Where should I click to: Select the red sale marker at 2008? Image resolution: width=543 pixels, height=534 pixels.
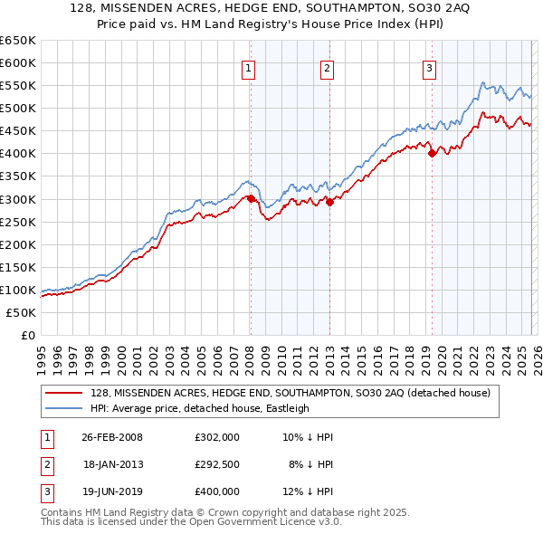point(251,198)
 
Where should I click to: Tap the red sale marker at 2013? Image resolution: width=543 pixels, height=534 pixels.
point(329,203)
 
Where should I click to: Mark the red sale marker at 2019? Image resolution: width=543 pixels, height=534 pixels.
point(432,153)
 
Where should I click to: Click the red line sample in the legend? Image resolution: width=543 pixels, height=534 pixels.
point(63,393)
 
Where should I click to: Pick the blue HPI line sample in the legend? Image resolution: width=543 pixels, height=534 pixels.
point(63,408)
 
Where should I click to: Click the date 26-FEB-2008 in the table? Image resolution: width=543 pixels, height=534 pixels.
point(112,437)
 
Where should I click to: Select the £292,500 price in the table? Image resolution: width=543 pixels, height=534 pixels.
point(217,464)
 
